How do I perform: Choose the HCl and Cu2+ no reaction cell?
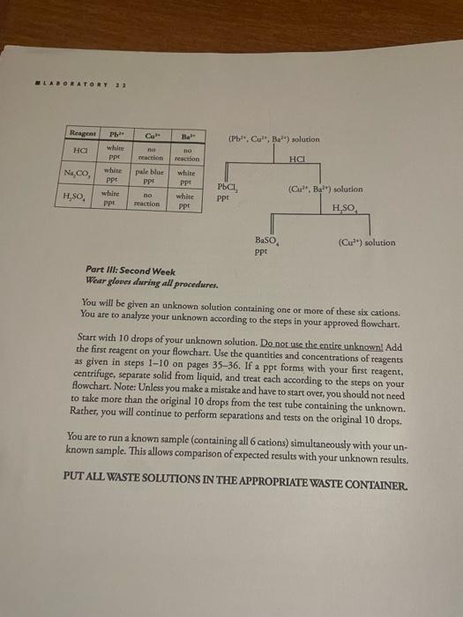(x=150, y=154)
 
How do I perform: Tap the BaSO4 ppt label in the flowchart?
(x=266, y=244)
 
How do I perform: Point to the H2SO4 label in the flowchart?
(x=343, y=208)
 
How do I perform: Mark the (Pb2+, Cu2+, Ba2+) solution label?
(x=273, y=139)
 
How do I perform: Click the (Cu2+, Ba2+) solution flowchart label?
(x=325, y=189)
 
